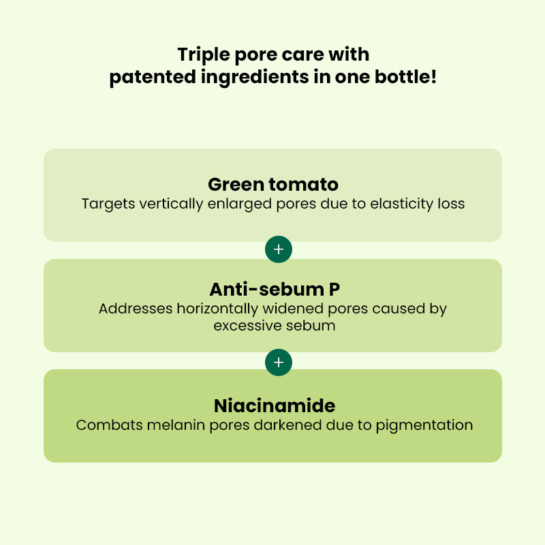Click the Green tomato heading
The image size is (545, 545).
click(272, 185)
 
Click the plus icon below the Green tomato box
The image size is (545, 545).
click(278, 250)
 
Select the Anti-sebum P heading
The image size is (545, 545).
click(272, 290)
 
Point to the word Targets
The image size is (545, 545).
click(105, 204)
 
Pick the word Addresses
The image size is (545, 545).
click(136, 309)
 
